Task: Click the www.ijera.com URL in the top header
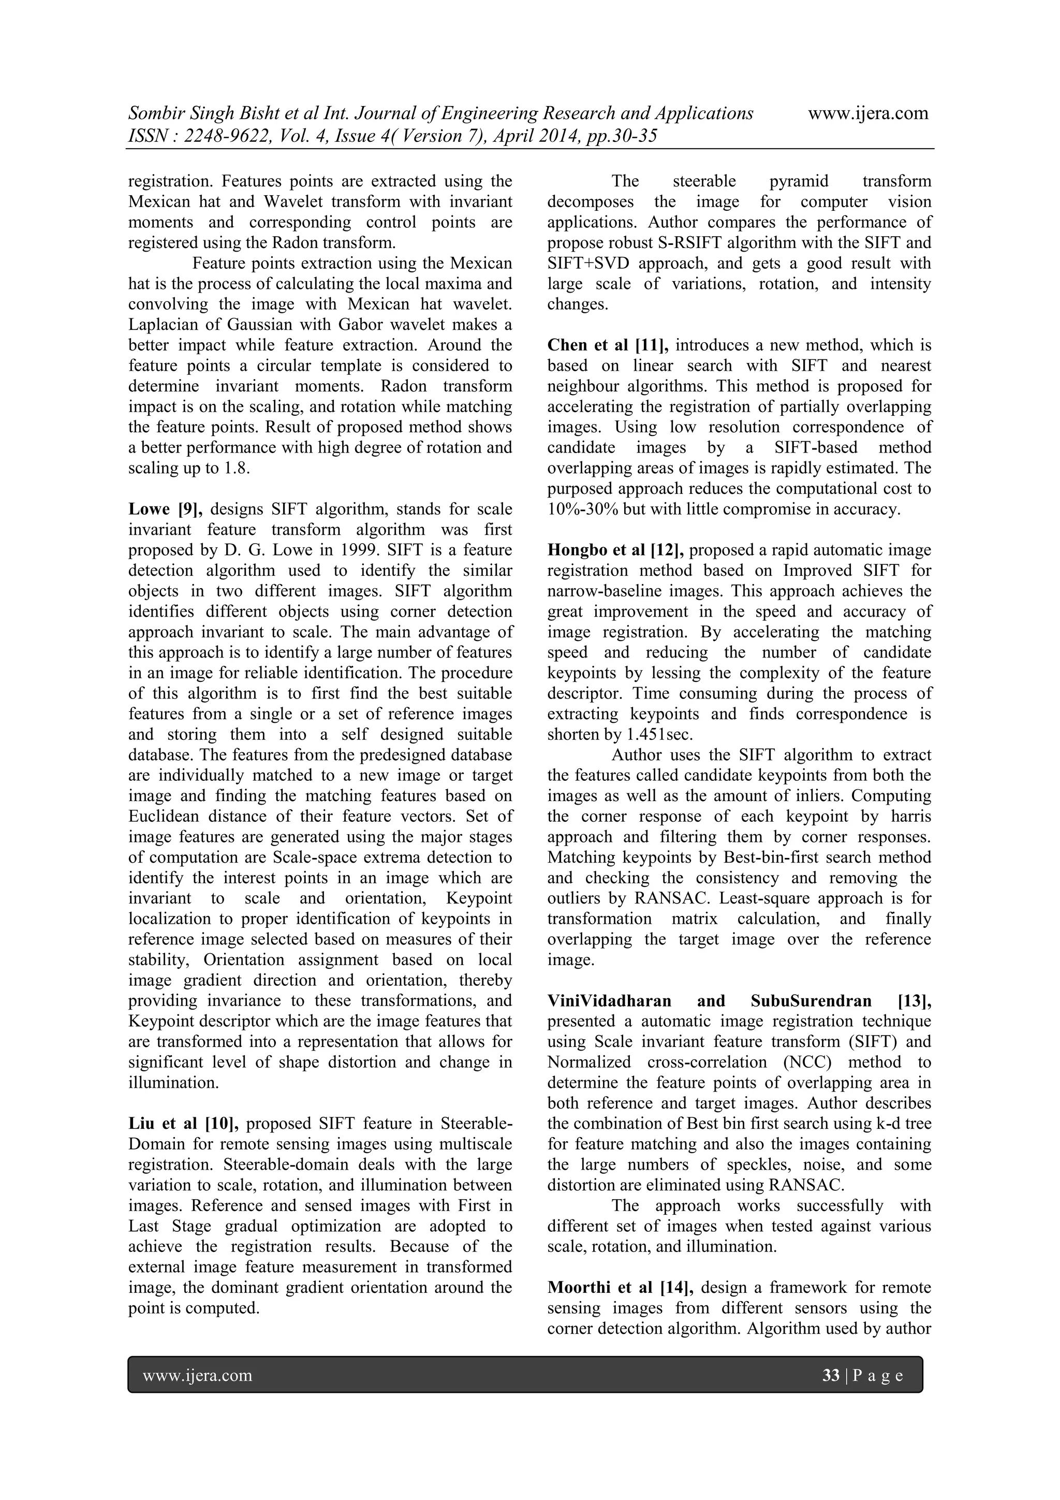tap(867, 114)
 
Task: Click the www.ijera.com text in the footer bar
tap(197, 1376)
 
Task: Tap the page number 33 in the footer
tap(831, 1376)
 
